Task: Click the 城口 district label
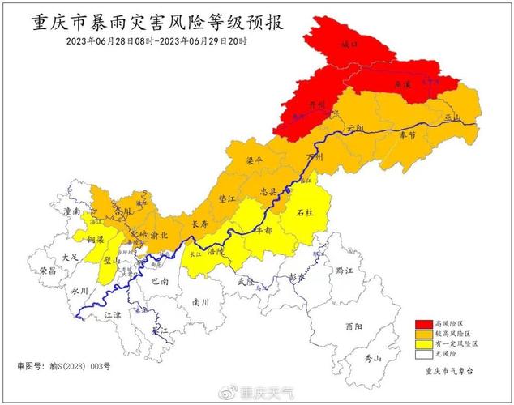[x=349, y=45]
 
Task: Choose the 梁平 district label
[x=255, y=161]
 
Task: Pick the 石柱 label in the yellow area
[x=305, y=212]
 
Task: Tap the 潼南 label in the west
[x=71, y=211]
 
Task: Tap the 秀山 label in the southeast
[x=371, y=357]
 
